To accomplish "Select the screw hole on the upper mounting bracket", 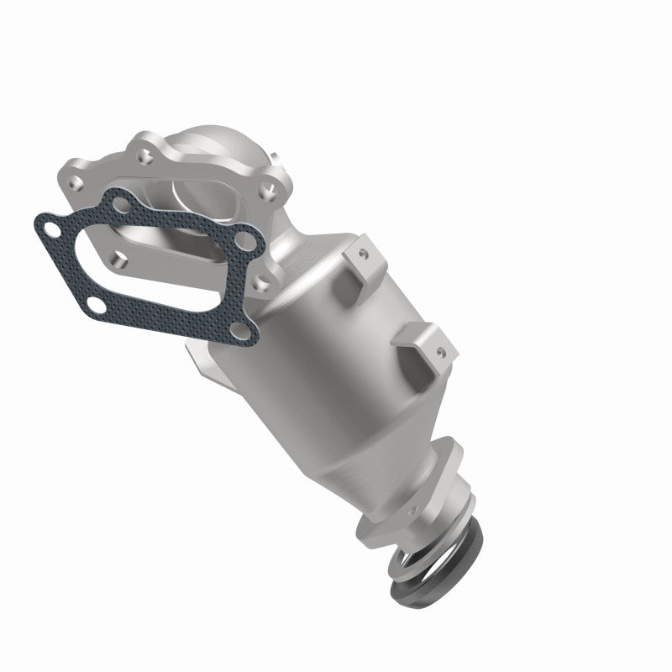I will point(363,250).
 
